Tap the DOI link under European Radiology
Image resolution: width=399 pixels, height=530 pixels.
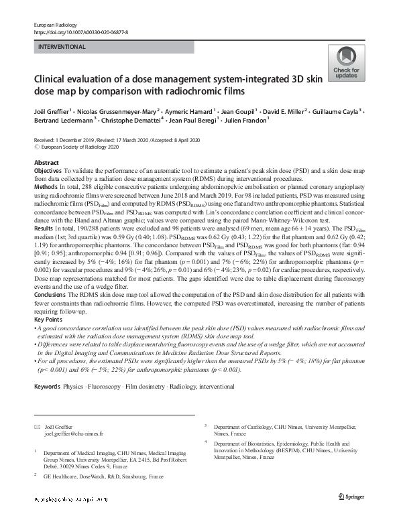(x=80, y=31)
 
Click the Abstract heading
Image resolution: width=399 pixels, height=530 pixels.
(x=46, y=163)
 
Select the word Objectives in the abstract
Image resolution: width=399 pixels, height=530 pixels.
(x=49, y=172)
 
